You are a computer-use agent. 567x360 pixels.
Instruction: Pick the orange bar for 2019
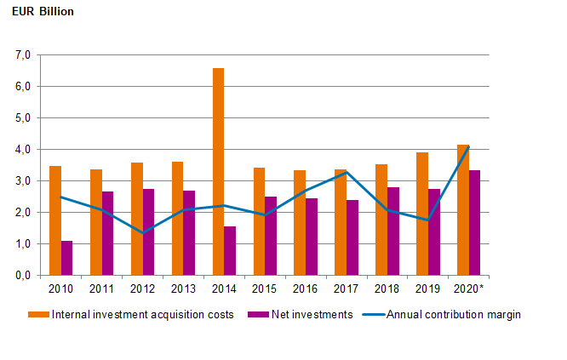421,214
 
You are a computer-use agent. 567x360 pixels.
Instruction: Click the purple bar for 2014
229,251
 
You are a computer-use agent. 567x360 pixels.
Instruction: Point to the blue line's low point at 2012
142,232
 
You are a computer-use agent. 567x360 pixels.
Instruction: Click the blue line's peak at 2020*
468,147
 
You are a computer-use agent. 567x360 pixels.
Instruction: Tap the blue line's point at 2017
346,173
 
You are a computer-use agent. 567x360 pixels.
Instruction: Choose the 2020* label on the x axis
470,289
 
